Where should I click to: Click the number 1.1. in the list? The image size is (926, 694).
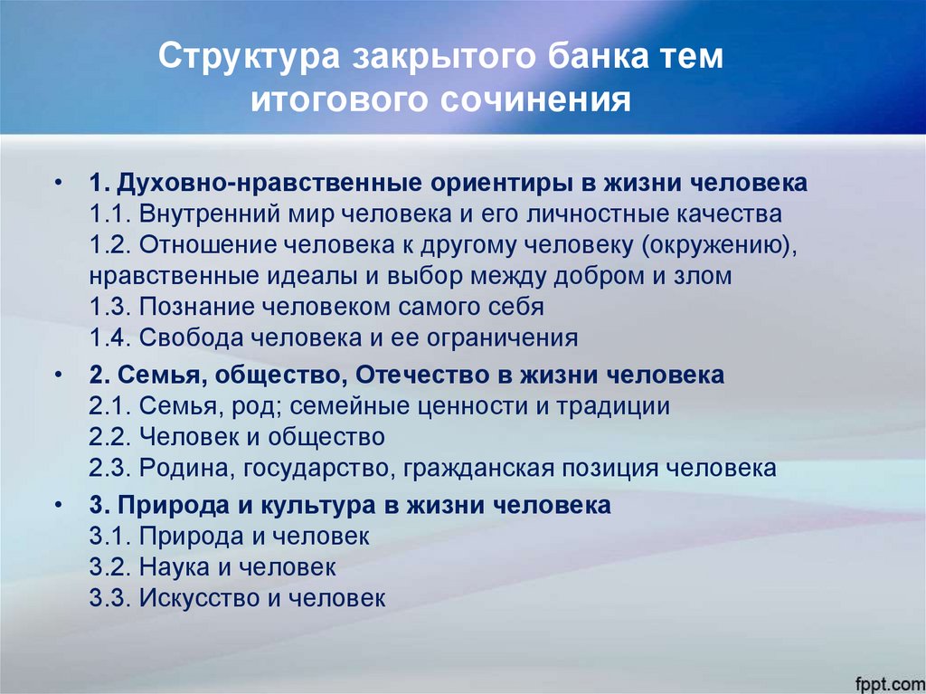tap(110, 214)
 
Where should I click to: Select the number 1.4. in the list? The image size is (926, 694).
tap(110, 338)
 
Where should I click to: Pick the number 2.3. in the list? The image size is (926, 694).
tap(110, 469)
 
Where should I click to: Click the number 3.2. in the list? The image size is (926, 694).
tap(110, 567)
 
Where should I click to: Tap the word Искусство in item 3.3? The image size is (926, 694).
tap(194, 598)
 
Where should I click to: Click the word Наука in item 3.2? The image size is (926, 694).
tap(168, 567)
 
